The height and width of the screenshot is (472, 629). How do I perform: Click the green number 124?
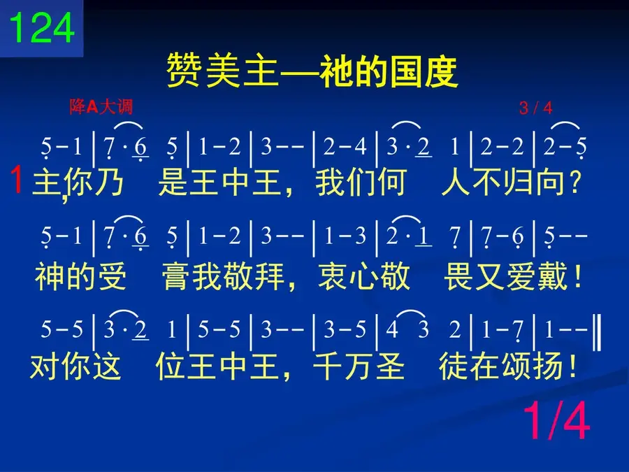[x=42, y=27]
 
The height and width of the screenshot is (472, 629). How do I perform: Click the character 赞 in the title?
[x=184, y=71]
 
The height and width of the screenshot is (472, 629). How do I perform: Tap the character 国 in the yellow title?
[x=405, y=71]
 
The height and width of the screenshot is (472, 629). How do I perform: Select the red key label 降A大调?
[x=101, y=107]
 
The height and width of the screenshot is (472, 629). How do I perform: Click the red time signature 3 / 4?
[x=535, y=108]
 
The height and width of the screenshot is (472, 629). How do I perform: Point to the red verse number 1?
[x=17, y=180]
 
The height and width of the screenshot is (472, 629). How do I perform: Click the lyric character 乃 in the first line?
[x=109, y=183]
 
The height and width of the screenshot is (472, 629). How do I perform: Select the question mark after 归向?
[x=575, y=183]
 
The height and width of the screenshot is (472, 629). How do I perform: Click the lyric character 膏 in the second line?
[x=176, y=276]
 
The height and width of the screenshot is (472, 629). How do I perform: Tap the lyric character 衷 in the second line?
[x=333, y=276]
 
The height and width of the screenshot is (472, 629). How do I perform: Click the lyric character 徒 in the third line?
[x=454, y=366]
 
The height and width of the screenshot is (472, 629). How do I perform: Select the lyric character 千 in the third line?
[x=327, y=366]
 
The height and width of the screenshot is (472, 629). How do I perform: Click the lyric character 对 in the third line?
[x=45, y=366]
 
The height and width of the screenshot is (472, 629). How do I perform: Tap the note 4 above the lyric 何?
[x=360, y=147]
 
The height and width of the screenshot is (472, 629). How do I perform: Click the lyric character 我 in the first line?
[x=330, y=183]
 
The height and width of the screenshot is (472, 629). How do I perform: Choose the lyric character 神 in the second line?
[x=50, y=276]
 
